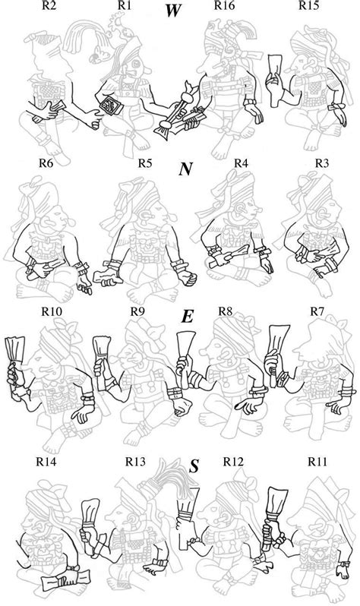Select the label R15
tap(308, 5)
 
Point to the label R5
tap(145, 163)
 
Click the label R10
tap(52, 311)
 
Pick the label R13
tap(135, 462)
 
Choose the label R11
tap(317, 462)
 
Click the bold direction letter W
tap(172, 11)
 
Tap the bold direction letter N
tap(185, 169)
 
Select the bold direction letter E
tap(187, 317)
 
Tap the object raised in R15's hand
tap(275, 80)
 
